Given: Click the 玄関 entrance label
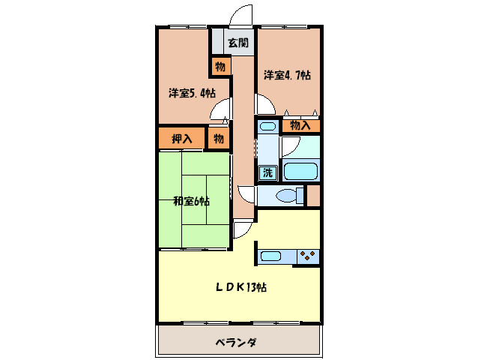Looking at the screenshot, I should pos(239,43).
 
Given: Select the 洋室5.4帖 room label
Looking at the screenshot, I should pos(192,94).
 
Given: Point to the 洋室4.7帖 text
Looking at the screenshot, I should pos(287,75).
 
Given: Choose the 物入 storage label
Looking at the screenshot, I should pos(300,125).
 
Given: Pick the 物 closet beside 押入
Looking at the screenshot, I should pos(218,138).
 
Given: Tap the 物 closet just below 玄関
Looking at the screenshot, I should pos(220,66).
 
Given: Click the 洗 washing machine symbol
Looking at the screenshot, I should pos(267,172).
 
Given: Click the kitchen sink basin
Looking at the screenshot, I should pos(270,256).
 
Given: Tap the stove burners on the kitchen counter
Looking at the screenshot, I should pos(306,256).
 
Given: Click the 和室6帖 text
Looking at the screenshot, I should pos(192,201).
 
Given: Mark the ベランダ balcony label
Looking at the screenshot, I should pos(236,343).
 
